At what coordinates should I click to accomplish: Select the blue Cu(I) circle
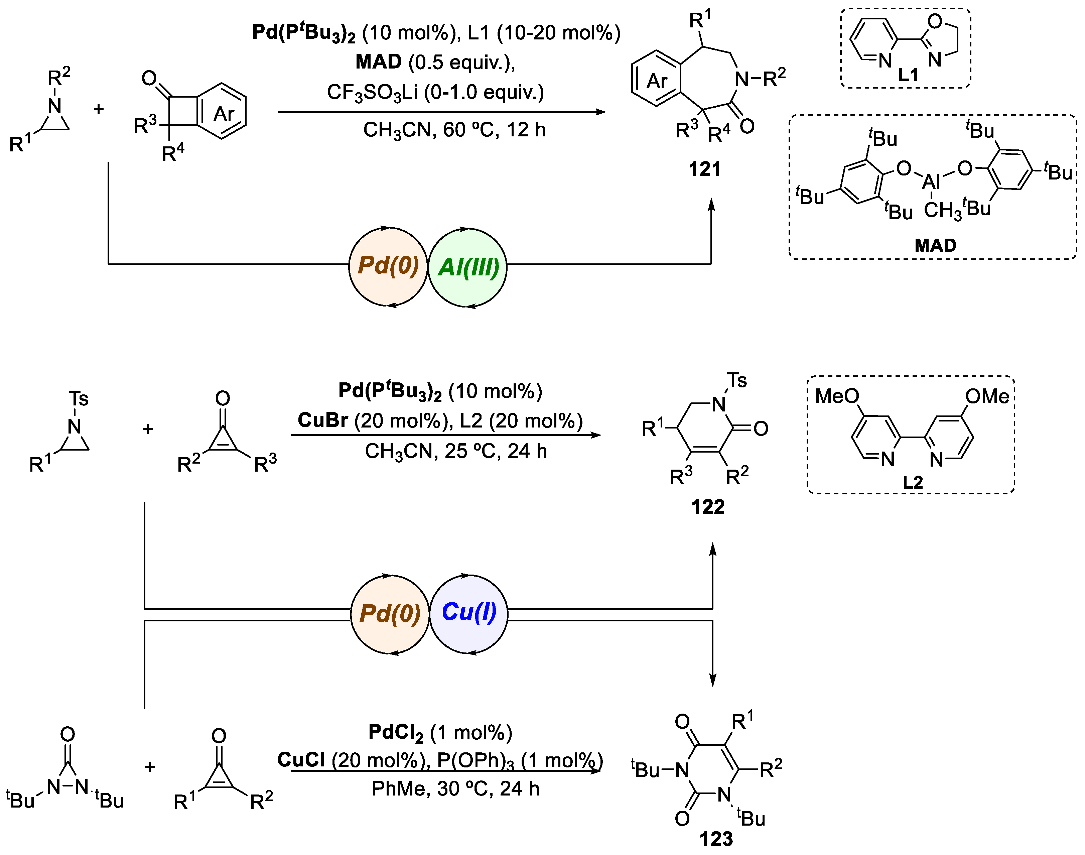click(x=469, y=613)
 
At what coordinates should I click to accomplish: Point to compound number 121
click(x=705, y=169)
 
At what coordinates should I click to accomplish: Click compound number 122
click(x=708, y=507)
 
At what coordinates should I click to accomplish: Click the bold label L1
click(x=908, y=75)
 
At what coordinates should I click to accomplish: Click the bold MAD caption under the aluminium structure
click(x=935, y=245)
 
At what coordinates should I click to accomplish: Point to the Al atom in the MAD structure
click(x=931, y=181)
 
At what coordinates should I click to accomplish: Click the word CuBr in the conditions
click(x=322, y=420)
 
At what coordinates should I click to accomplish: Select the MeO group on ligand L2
click(x=837, y=396)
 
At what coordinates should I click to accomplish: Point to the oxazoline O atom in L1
click(x=934, y=21)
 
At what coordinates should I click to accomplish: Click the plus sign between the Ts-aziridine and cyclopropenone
click(x=148, y=429)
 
